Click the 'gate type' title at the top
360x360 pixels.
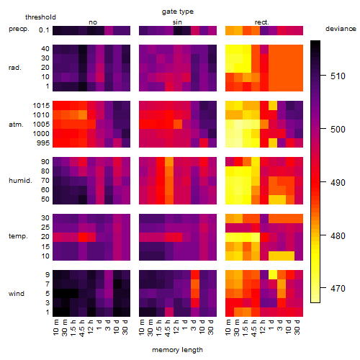[178, 12]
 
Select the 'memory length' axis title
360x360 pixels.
[177, 350]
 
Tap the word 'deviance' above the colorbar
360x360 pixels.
[341, 29]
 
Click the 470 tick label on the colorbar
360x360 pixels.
[338, 288]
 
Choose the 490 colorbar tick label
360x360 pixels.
[338, 183]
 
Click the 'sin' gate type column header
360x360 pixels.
[177, 22]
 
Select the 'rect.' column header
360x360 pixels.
[262, 22]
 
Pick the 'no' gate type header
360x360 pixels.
[93, 22]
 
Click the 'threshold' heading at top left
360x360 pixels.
[40, 17]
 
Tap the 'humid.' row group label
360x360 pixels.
[20, 180]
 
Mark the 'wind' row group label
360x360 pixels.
[17, 294]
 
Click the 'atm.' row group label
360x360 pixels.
[16, 125]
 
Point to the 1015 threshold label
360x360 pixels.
[41, 106]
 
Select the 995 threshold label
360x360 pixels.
[43, 143]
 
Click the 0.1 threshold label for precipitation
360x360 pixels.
[44, 30]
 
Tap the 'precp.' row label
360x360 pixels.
[19, 29]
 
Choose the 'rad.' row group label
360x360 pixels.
[15, 68]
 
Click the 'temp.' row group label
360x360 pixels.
[18, 236]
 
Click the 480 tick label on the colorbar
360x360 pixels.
[338, 236]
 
